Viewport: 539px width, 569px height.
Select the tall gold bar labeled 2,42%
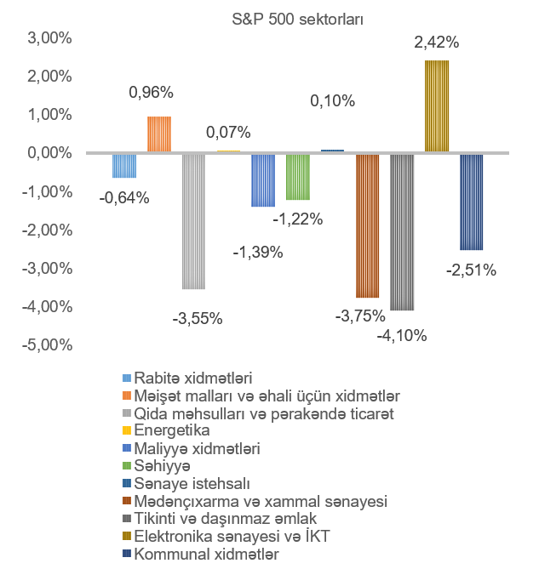click(x=436, y=106)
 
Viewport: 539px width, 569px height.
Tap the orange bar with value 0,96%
click(x=159, y=134)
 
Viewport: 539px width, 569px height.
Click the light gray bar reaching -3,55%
click(x=193, y=221)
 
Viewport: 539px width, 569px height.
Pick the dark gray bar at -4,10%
click(x=402, y=231)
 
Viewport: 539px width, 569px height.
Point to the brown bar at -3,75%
click(x=367, y=225)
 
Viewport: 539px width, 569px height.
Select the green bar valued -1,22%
click(x=297, y=176)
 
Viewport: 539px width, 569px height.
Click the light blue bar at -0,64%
click(x=124, y=165)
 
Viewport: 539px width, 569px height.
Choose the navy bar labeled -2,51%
click(x=471, y=202)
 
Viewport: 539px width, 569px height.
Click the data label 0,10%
click(x=332, y=101)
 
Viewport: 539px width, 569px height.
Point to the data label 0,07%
click(x=228, y=133)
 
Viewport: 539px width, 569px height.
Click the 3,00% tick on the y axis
click(x=49, y=38)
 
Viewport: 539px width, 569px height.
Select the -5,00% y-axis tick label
click(x=48, y=345)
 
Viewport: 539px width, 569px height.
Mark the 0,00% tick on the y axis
click(x=49, y=154)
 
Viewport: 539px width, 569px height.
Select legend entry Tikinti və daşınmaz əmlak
click(x=226, y=519)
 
